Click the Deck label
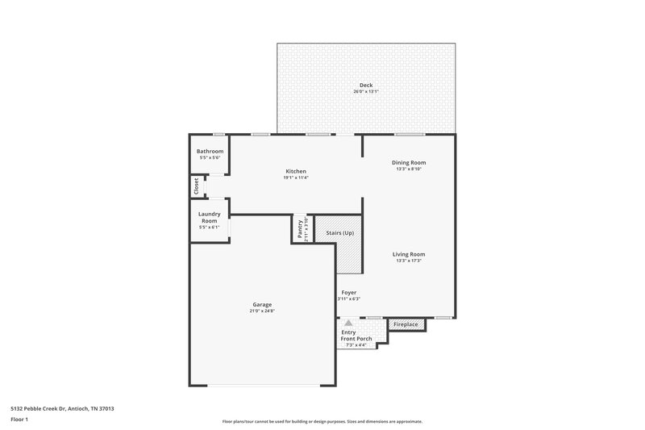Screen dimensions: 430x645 [365, 85]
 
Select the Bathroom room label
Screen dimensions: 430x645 [210, 151]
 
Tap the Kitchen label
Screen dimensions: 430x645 [296, 171]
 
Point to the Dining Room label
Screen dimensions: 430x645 [409, 162]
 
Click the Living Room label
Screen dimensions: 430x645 [410, 254]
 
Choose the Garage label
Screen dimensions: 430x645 [262, 304]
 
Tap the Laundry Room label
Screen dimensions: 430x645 [209, 217]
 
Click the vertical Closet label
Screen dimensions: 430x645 [196, 186]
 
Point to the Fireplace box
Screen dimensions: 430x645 [406, 324]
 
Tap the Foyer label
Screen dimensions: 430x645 [348, 292]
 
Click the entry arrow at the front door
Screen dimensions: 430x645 [348, 321]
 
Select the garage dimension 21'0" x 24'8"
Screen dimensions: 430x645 [262, 311]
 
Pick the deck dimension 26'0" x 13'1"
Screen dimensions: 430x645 [365, 92]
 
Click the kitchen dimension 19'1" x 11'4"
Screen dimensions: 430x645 [296, 177]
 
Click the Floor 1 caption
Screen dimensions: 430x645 [19, 420]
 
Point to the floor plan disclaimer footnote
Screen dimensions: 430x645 [322, 421]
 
